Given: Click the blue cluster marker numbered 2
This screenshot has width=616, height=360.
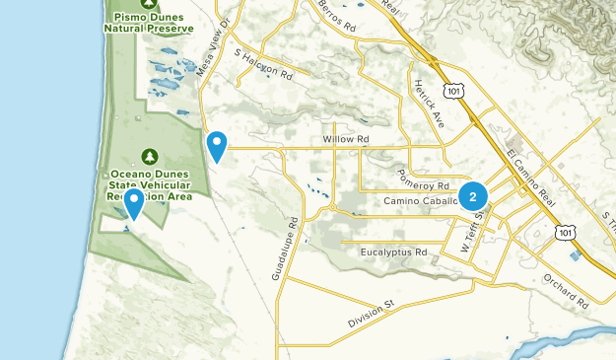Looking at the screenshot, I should point(473,197).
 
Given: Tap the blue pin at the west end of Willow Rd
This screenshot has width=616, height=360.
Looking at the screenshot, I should point(217,146).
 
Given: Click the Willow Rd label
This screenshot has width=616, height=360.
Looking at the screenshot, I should point(345,140).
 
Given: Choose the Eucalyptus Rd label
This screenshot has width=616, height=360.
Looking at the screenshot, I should point(393,252).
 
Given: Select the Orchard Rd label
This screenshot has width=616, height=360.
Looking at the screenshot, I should point(564,287).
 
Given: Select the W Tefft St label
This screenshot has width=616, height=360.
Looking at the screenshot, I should point(476,235).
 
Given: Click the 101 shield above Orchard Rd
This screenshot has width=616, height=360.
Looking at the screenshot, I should point(562,231).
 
